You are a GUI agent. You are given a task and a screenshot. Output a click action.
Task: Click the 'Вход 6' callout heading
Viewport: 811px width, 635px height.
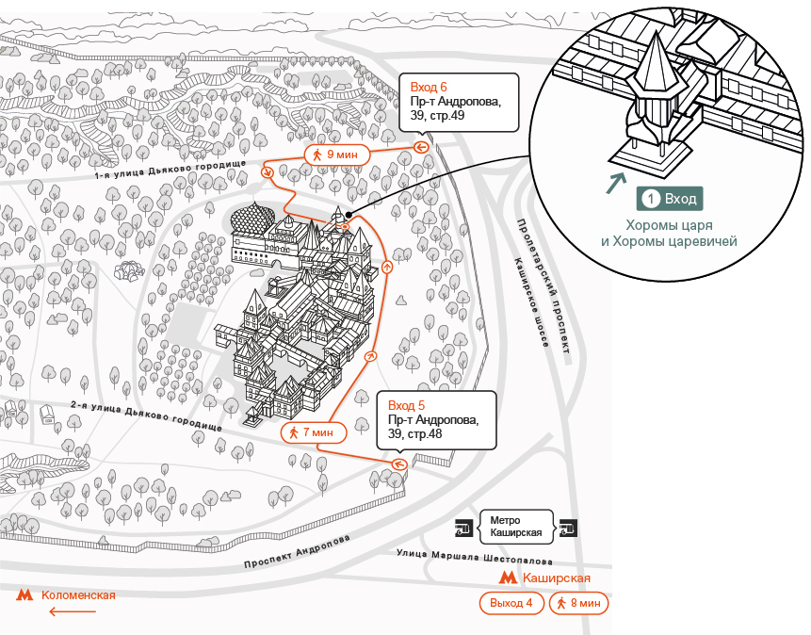point(429,87)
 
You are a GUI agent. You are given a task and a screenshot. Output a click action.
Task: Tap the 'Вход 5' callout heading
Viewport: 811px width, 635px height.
point(406,405)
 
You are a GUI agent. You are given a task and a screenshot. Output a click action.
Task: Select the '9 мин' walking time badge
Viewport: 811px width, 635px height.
point(336,155)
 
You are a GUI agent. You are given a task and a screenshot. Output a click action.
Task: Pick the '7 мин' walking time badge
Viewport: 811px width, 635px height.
point(314,432)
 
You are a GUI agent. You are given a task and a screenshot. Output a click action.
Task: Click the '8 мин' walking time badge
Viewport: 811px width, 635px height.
point(578,603)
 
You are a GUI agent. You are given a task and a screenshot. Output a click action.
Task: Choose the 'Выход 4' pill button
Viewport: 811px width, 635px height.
point(511,603)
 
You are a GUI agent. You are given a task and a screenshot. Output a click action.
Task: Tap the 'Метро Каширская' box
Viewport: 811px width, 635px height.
point(516,527)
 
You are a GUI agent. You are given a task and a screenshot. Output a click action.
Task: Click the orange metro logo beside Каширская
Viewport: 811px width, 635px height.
point(508,578)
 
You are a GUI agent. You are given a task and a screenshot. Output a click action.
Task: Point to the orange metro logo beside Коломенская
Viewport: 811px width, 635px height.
point(24,595)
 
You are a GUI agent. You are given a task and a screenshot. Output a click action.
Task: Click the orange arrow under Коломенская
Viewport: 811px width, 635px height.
point(73,611)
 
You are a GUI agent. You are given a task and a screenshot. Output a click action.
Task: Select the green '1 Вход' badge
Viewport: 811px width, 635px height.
point(670,199)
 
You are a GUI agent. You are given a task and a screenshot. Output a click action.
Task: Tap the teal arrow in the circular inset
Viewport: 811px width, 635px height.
point(616,183)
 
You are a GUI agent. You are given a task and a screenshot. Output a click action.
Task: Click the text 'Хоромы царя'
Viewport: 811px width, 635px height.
point(670,225)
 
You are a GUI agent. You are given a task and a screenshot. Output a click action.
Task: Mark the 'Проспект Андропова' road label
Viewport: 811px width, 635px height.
point(297,552)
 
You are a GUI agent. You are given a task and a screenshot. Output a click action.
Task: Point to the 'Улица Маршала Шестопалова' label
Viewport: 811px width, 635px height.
point(475,557)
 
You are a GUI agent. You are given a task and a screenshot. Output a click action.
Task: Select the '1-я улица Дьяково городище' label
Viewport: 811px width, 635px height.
point(170,170)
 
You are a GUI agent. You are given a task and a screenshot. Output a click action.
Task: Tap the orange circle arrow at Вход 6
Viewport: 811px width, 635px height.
point(421,148)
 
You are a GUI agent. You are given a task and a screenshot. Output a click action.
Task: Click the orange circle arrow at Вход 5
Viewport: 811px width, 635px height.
point(398,464)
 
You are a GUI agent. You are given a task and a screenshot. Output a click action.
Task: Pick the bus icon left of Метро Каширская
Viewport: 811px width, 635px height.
point(464,528)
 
